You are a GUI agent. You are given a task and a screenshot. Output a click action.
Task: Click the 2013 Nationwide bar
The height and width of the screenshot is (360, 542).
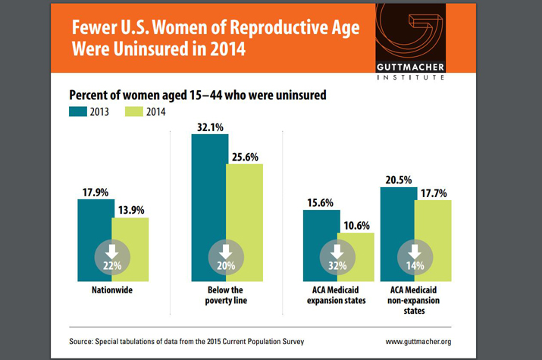94,227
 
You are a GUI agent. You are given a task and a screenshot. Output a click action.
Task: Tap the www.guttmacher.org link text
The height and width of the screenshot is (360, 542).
418,342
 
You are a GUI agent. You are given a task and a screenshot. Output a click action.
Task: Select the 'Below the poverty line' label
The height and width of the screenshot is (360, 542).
226,296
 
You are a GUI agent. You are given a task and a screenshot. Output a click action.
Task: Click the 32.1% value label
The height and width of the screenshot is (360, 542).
209,128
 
